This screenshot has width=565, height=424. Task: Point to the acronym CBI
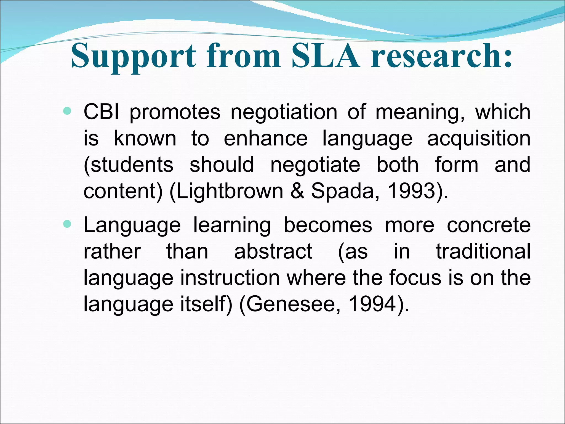(x=102, y=112)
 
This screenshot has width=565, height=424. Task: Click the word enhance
(x=265, y=138)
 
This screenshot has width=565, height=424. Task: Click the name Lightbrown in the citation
(x=226, y=191)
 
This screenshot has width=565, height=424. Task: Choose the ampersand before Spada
(x=297, y=191)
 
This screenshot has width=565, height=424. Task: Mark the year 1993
(x=418, y=191)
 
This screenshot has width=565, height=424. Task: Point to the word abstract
(x=273, y=251)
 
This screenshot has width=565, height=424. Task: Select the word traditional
(x=483, y=251)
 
